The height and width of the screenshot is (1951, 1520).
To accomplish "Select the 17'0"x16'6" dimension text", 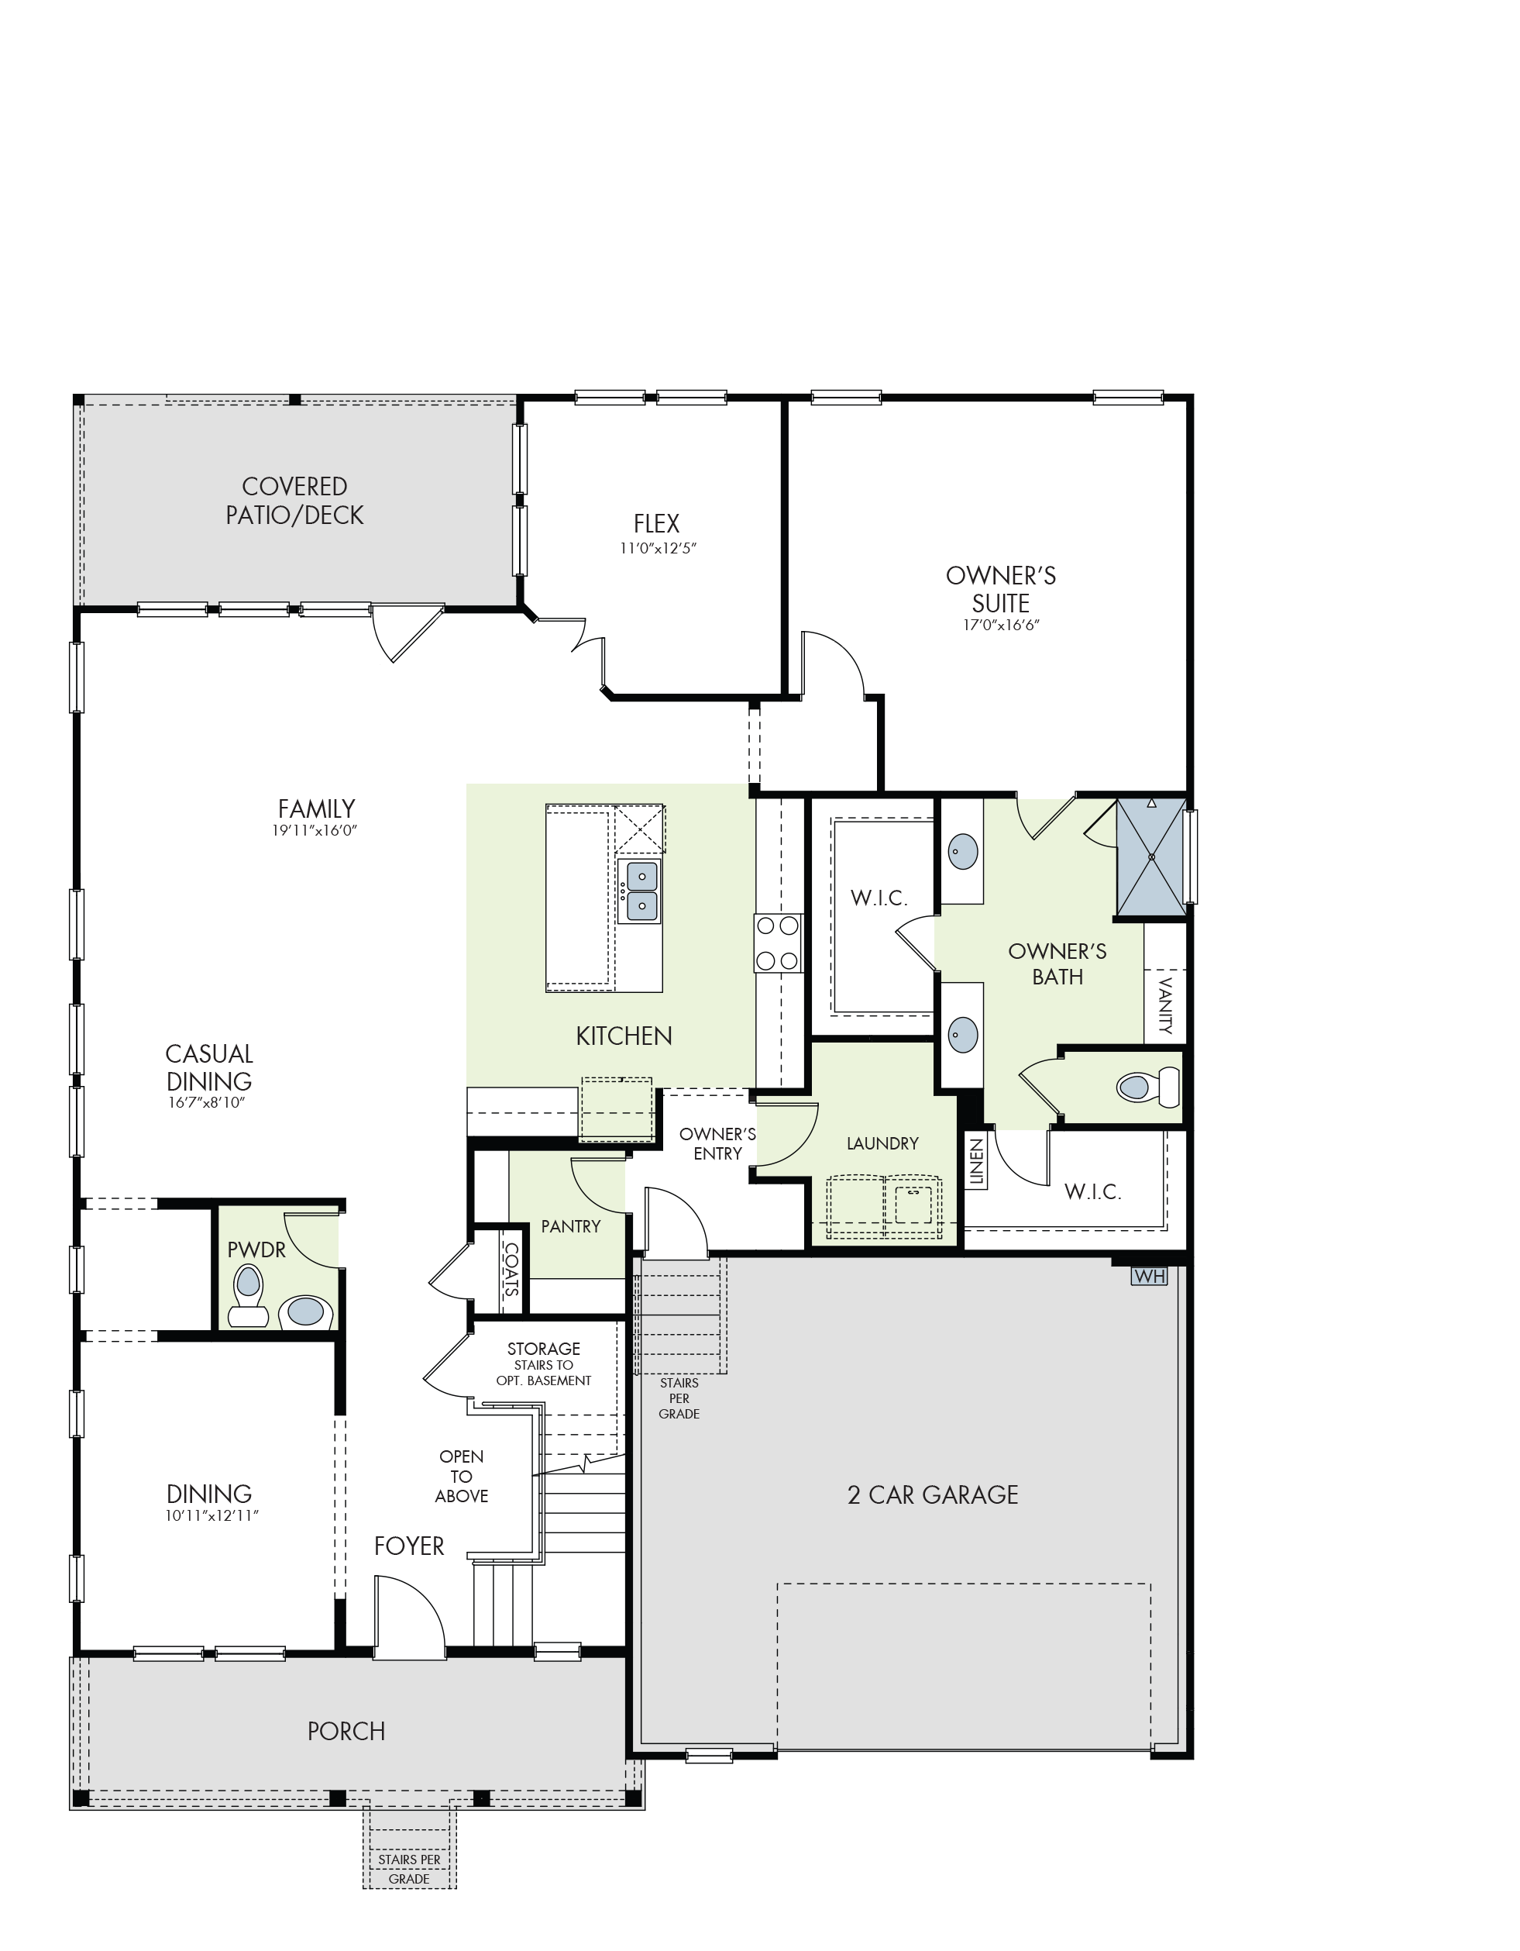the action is tap(1001, 625).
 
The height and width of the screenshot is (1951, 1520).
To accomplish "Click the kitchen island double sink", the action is tap(642, 891).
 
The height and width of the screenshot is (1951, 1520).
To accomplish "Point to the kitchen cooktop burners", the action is tap(777, 943).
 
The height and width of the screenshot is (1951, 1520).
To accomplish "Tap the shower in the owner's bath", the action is tap(1151, 857).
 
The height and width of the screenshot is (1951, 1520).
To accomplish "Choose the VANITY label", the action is tap(1164, 1006).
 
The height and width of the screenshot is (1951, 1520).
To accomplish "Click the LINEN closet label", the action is tap(976, 1162).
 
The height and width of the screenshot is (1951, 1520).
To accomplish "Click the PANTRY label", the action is tap(571, 1226).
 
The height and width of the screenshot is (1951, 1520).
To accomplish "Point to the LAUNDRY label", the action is tap(882, 1143).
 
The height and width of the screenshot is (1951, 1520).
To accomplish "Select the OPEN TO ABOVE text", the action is tap(462, 1477).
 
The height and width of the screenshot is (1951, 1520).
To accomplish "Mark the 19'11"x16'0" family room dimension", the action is tap(315, 831).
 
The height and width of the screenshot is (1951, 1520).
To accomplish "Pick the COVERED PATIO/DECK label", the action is tap(294, 502).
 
